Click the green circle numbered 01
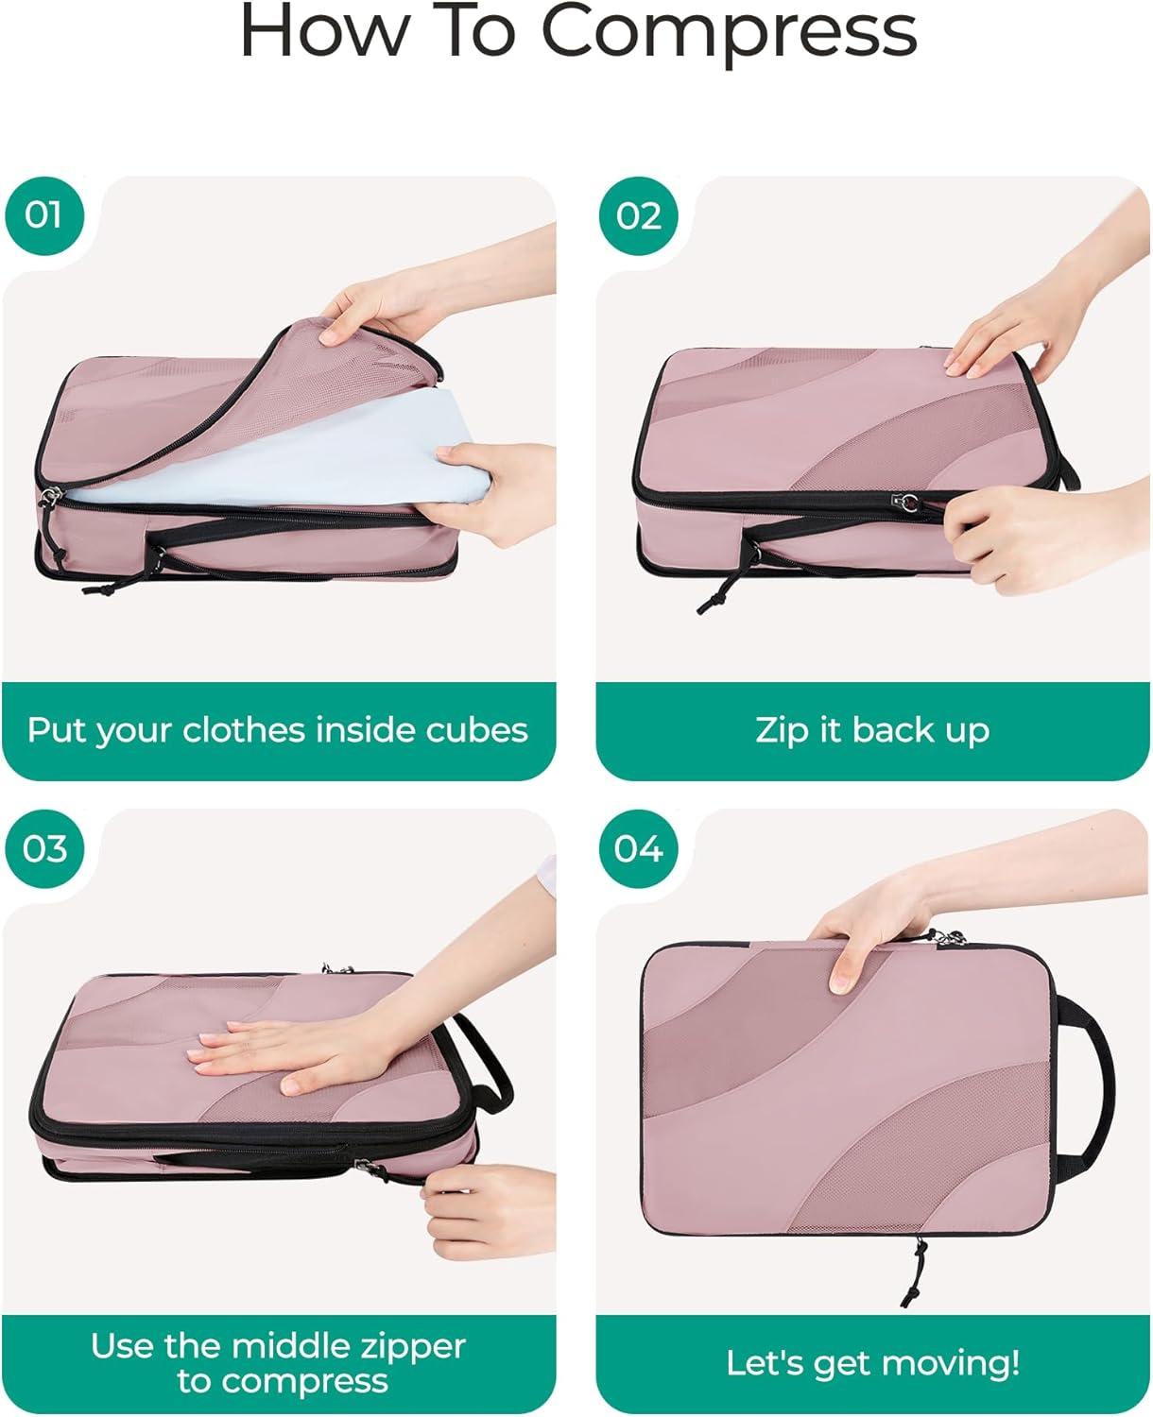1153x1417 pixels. tap(43, 215)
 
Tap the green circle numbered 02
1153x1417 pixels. tap(638, 215)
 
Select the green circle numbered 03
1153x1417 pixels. tap(43, 849)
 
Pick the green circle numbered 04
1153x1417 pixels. tap(638, 849)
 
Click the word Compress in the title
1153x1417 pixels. tap(730, 33)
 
